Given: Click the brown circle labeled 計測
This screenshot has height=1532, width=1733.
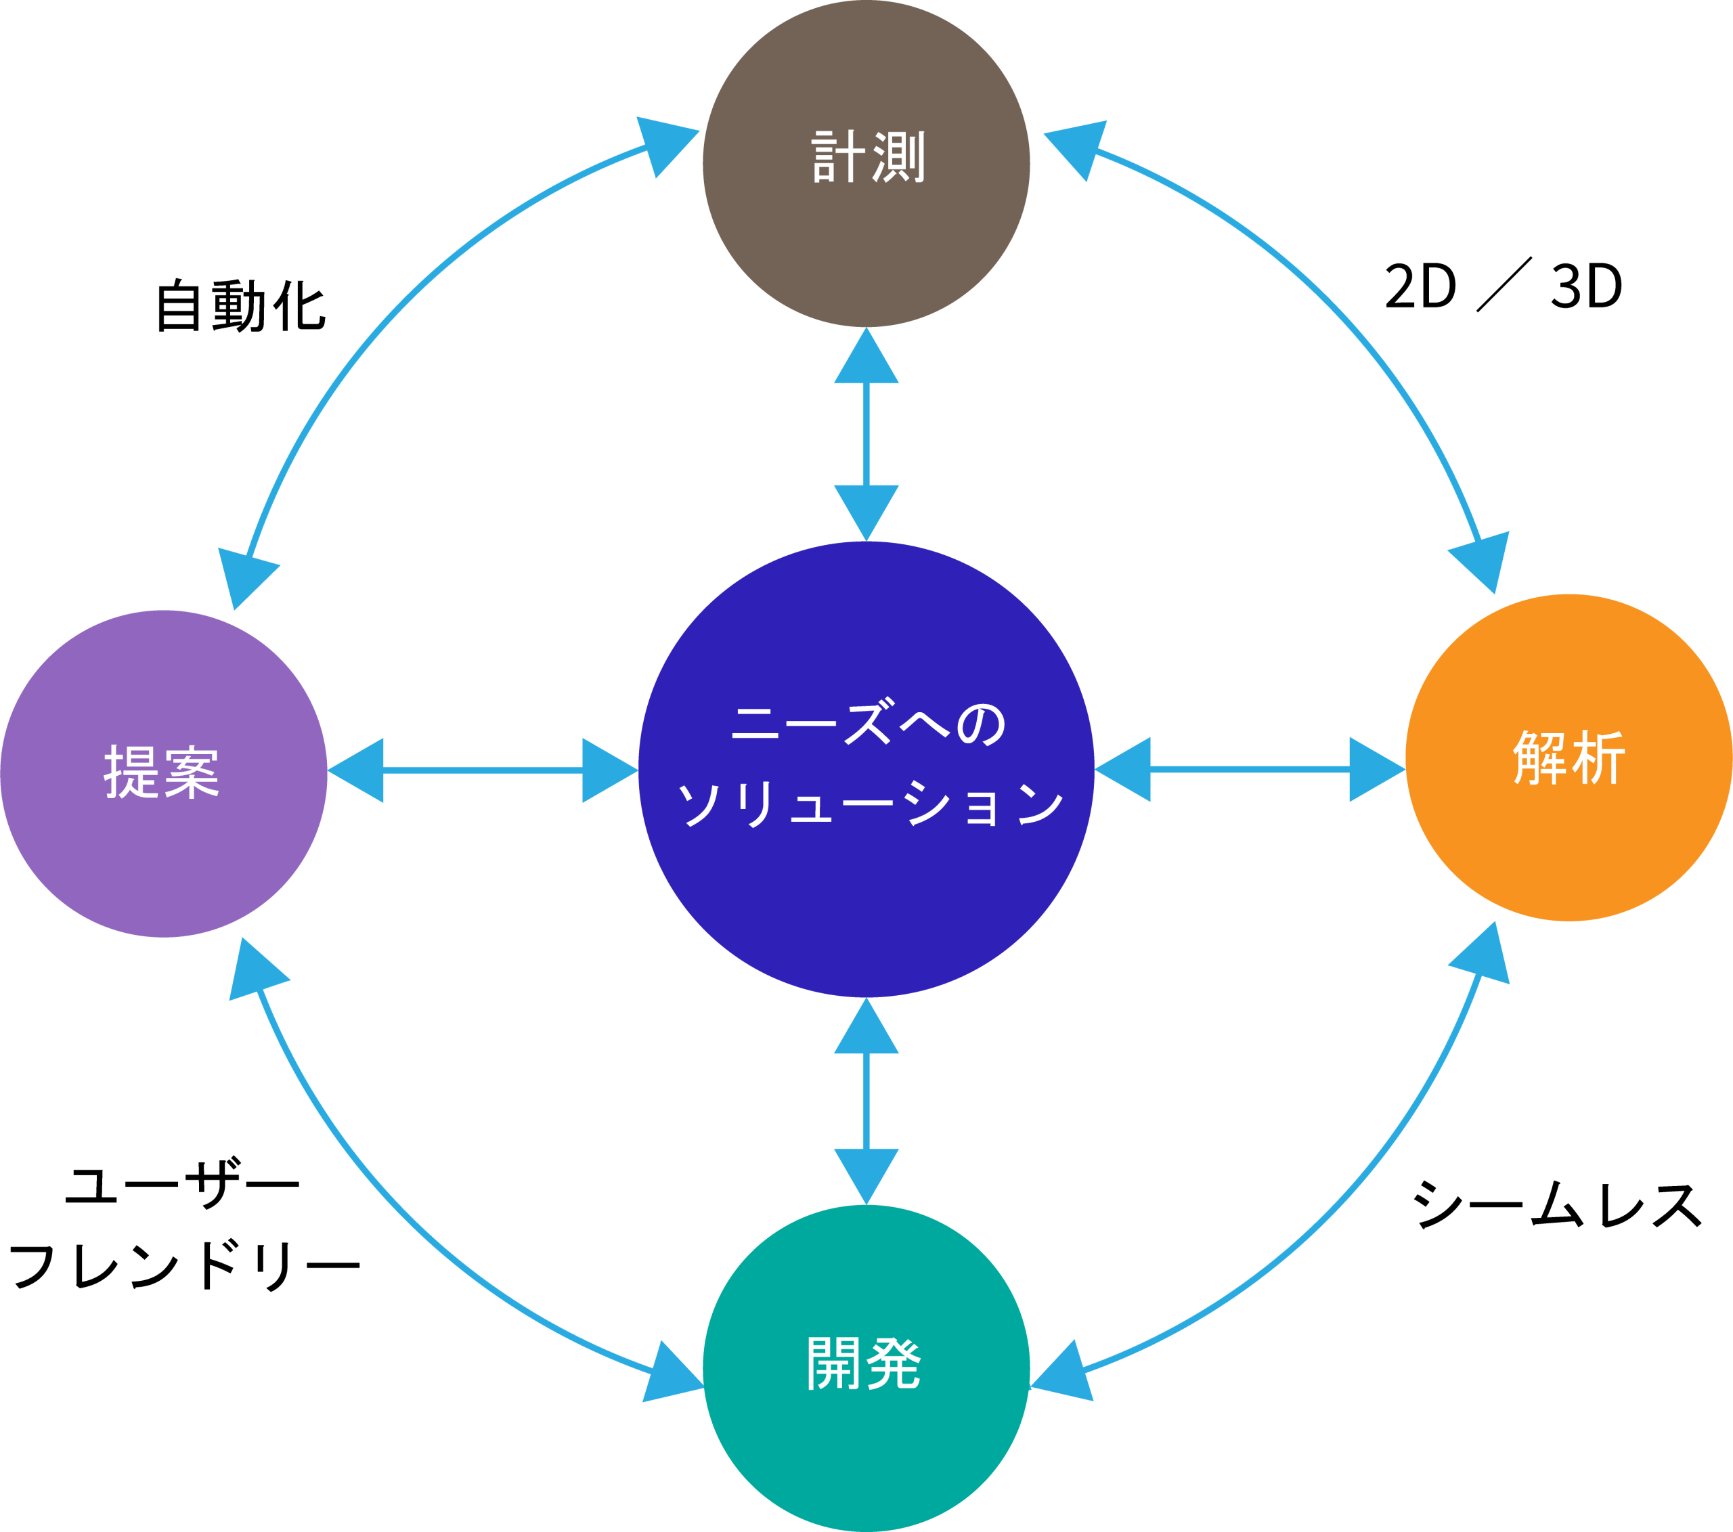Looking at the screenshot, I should (866, 246).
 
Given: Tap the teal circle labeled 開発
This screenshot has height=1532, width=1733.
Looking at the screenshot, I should (866, 1441).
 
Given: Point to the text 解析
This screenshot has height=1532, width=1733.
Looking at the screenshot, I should (1569, 757).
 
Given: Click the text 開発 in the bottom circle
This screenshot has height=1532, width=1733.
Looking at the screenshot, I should (863, 1363).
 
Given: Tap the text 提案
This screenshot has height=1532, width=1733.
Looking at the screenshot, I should (162, 772).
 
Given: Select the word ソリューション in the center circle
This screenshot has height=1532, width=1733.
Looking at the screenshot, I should (869, 802).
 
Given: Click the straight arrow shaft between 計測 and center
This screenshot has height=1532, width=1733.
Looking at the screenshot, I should (866, 434).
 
